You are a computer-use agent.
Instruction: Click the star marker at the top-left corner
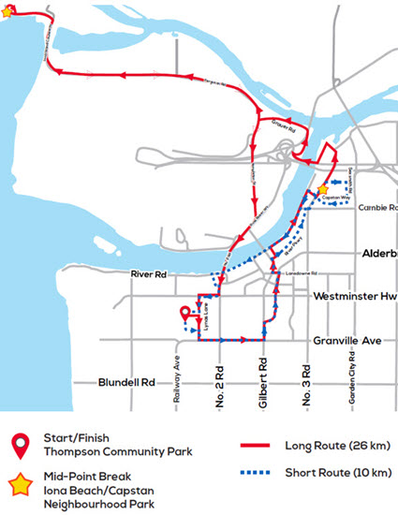coord(8,12)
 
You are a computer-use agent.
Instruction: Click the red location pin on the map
coord(184,314)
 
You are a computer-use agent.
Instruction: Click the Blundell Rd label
coord(125,382)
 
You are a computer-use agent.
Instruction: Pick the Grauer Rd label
coord(283,123)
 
